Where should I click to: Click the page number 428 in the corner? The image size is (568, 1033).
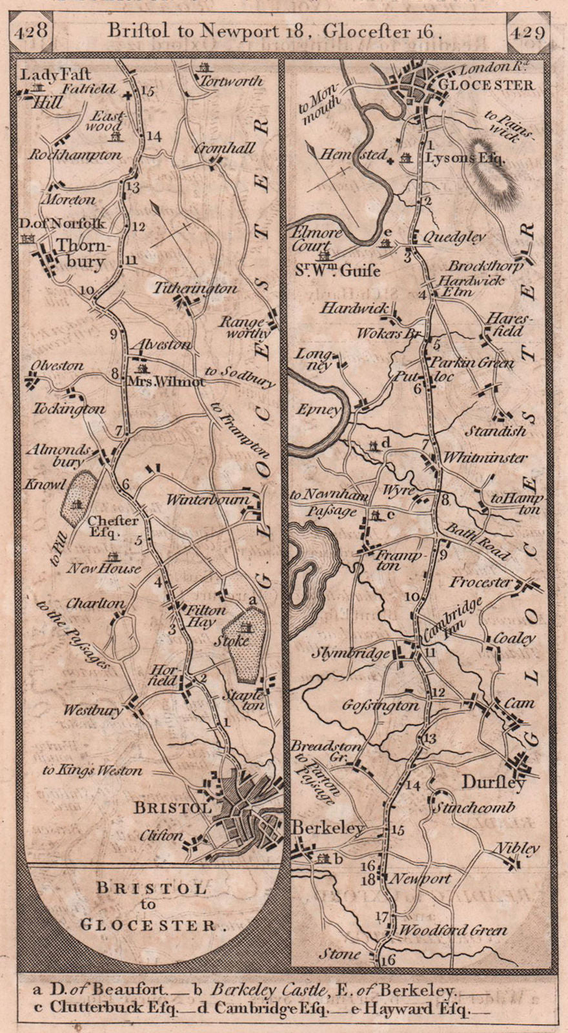pyautogui.click(x=32, y=30)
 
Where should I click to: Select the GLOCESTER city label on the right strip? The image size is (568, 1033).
pyautogui.click(x=494, y=85)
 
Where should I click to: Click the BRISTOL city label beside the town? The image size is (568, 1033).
pyautogui.click(x=172, y=808)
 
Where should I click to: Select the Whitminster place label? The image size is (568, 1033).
pyautogui.click(x=484, y=458)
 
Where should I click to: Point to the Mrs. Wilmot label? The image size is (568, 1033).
pyautogui.click(x=172, y=382)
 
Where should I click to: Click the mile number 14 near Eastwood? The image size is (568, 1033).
pyautogui.click(x=152, y=136)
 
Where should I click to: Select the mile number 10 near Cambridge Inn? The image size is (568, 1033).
pyautogui.click(x=411, y=597)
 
